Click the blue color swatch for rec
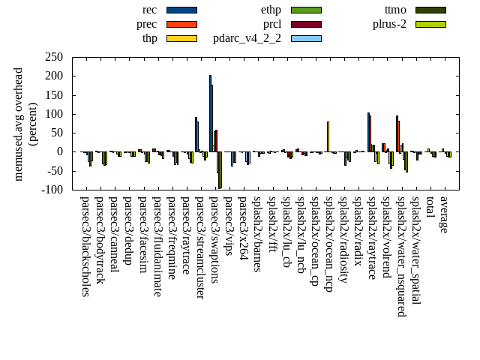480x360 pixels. tap(181, 10)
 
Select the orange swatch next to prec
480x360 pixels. tap(181, 24)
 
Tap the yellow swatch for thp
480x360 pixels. tap(181, 38)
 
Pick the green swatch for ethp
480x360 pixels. tap(306, 10)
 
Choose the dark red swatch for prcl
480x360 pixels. tap(306, 24)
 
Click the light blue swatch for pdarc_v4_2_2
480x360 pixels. tap(306, 38)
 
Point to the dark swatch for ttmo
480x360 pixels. tap(430, 10)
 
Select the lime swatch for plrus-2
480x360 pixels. tap(430, 24)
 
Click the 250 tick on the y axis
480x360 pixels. tap(53, 57)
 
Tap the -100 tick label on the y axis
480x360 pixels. tap(50, 190)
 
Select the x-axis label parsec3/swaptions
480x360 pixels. tap(214, 239)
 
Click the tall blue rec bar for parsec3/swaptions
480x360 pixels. tap(210, 112)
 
